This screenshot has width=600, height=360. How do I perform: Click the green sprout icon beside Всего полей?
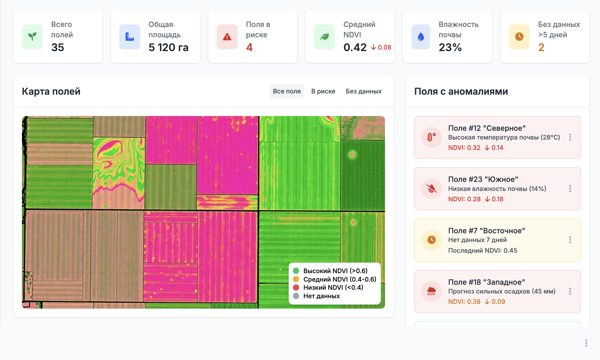(x=32, y=37)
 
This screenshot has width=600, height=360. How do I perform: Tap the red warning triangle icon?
(x=227, y=37)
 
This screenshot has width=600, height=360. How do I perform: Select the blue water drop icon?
(x=421, y=37)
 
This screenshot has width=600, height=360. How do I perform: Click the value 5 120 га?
(x=168, y=47)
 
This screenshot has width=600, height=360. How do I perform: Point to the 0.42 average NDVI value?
(x=355, y=47)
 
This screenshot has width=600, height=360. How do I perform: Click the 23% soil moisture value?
(x=450, y=47)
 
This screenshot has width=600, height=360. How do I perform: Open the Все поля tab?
(x=287, y=91)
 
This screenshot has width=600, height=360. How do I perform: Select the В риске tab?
(x=323, y=91)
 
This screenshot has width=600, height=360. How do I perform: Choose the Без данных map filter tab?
(x=363, y=91)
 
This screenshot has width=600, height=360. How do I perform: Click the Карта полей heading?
(x=51, y=91)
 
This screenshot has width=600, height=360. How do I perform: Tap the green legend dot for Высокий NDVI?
(x=296, y=271)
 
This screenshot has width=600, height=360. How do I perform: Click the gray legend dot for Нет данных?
(x=296, y=296)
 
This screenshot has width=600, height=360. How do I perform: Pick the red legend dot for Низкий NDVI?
(x=296, y=287)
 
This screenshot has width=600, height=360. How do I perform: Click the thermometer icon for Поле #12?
(x=431, y=137)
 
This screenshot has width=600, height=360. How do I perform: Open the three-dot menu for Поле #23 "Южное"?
(x=570, y=188)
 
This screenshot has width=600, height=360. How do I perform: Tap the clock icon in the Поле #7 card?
(x=431, y=240)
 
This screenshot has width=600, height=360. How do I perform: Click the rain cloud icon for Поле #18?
(x=431, y=291)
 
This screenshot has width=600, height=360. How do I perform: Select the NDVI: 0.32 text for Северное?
(x=464, y=148)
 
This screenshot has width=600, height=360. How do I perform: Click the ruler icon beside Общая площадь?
(x=129, y=37)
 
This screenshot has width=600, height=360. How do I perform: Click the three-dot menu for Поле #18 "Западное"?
(x=570, y=291)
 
